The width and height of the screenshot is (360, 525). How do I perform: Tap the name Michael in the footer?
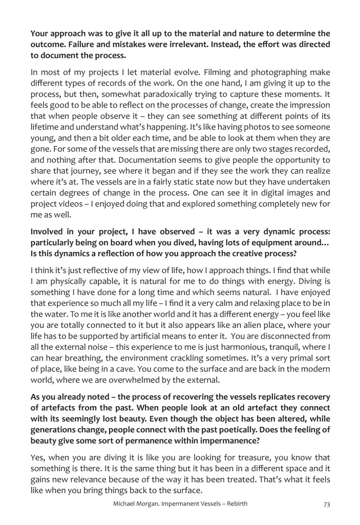(x=126, y=504)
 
